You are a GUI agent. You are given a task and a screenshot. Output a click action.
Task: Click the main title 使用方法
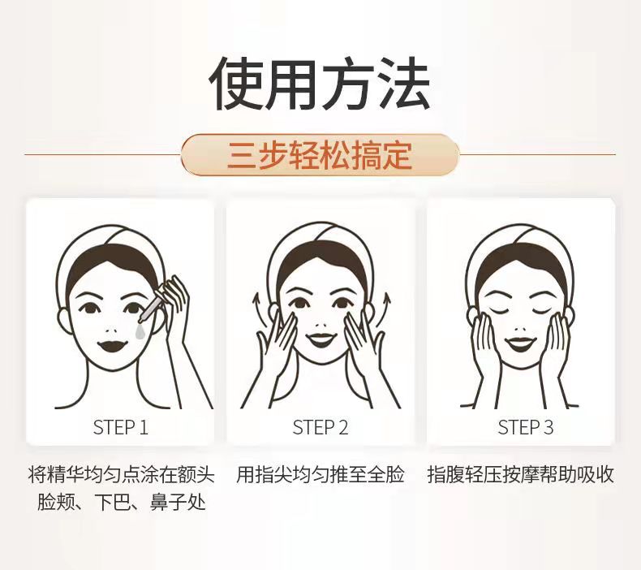pyautogui.click(x=319, y=84)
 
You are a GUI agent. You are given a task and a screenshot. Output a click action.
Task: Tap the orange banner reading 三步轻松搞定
pyautogui.click(x=320, y=155)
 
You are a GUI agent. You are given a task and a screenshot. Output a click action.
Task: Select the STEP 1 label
pyautogui.click(x=121, y=428)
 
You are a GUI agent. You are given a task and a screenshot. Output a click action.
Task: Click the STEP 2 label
pyautogui.click(x=320, y=428)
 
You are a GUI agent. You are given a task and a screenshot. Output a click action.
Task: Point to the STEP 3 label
pyautogui.click(x=525, y=428)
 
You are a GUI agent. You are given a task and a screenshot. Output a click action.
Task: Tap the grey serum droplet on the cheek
pyautogui.click(x=140, y=332)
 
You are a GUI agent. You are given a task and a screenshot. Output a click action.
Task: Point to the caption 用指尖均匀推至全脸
pyautogui.click(x=320, y=475)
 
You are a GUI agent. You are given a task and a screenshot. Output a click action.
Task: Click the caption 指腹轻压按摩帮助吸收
pyautogui.click(x=521, y=475)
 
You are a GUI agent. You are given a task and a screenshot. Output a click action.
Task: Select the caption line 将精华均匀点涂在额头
pyautogui.click(x=122, y=475)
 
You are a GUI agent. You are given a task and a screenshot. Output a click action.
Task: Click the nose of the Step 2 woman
pyautogui.click(x=320, y=324)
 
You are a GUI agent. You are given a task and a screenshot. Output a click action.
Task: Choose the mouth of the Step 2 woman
pyautogui.click(x=321, y=339)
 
